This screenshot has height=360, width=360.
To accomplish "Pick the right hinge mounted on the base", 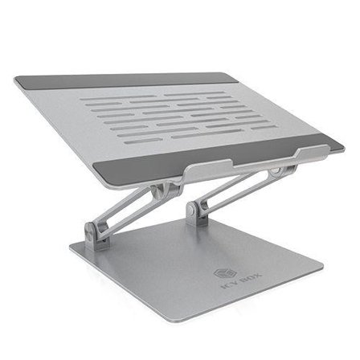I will pos(194,212).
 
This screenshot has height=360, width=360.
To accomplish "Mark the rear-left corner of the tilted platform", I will pos(16,79).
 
